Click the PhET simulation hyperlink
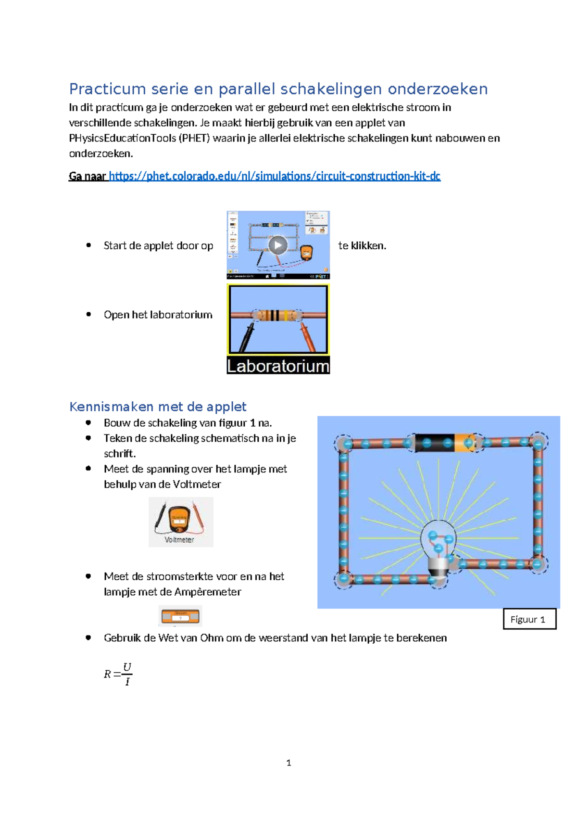pos(275,176)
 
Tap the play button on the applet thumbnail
pos(278,245)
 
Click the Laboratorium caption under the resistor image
pos(278,366)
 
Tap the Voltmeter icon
pos(180,522)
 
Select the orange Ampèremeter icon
pos(180,616)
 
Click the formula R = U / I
pos(118,674)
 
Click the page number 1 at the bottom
pos(288,763)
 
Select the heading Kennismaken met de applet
pos(158,407)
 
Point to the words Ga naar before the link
pos(88,176)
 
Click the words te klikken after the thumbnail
pos(362,245)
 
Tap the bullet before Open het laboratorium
pos(88,314)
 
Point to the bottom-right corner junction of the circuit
pos(538,564)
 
